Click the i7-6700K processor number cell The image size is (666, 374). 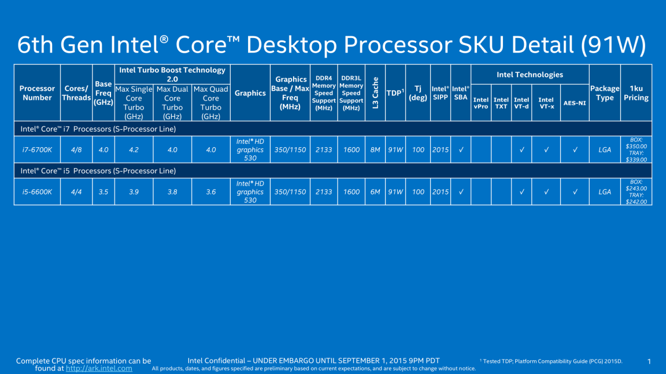click(x=37, y=149)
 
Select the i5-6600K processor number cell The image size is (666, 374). click(x=37, y=192)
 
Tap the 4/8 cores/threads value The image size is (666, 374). click(x=76, y=149)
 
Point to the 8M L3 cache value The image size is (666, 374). click(x=375, y=149)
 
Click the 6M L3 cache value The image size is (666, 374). click(x=375, y=192)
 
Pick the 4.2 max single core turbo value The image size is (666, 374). click(x=134, y=149)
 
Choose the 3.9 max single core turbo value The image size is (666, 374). click(x=134, y=192)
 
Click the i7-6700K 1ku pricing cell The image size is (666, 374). click(x=636, y=149)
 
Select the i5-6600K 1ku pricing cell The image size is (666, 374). click(x=636, y=192)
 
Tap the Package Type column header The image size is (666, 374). click(x=605, y=93)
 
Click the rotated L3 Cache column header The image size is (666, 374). click(x=375, y=92)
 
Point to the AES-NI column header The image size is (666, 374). click(x=575, y=103)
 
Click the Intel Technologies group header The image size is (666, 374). click(x=530, y=74)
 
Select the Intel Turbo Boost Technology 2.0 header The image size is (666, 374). click(x=172, y=74)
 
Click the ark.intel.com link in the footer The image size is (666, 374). click(x=99, y=368)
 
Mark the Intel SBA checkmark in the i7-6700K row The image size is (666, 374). click(x=461, y=149)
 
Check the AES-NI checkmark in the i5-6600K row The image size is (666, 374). click(x=575, y=192)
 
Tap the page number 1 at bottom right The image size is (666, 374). click(x=649, y=361)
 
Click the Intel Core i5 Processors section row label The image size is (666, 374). click(x=98, y=171)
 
